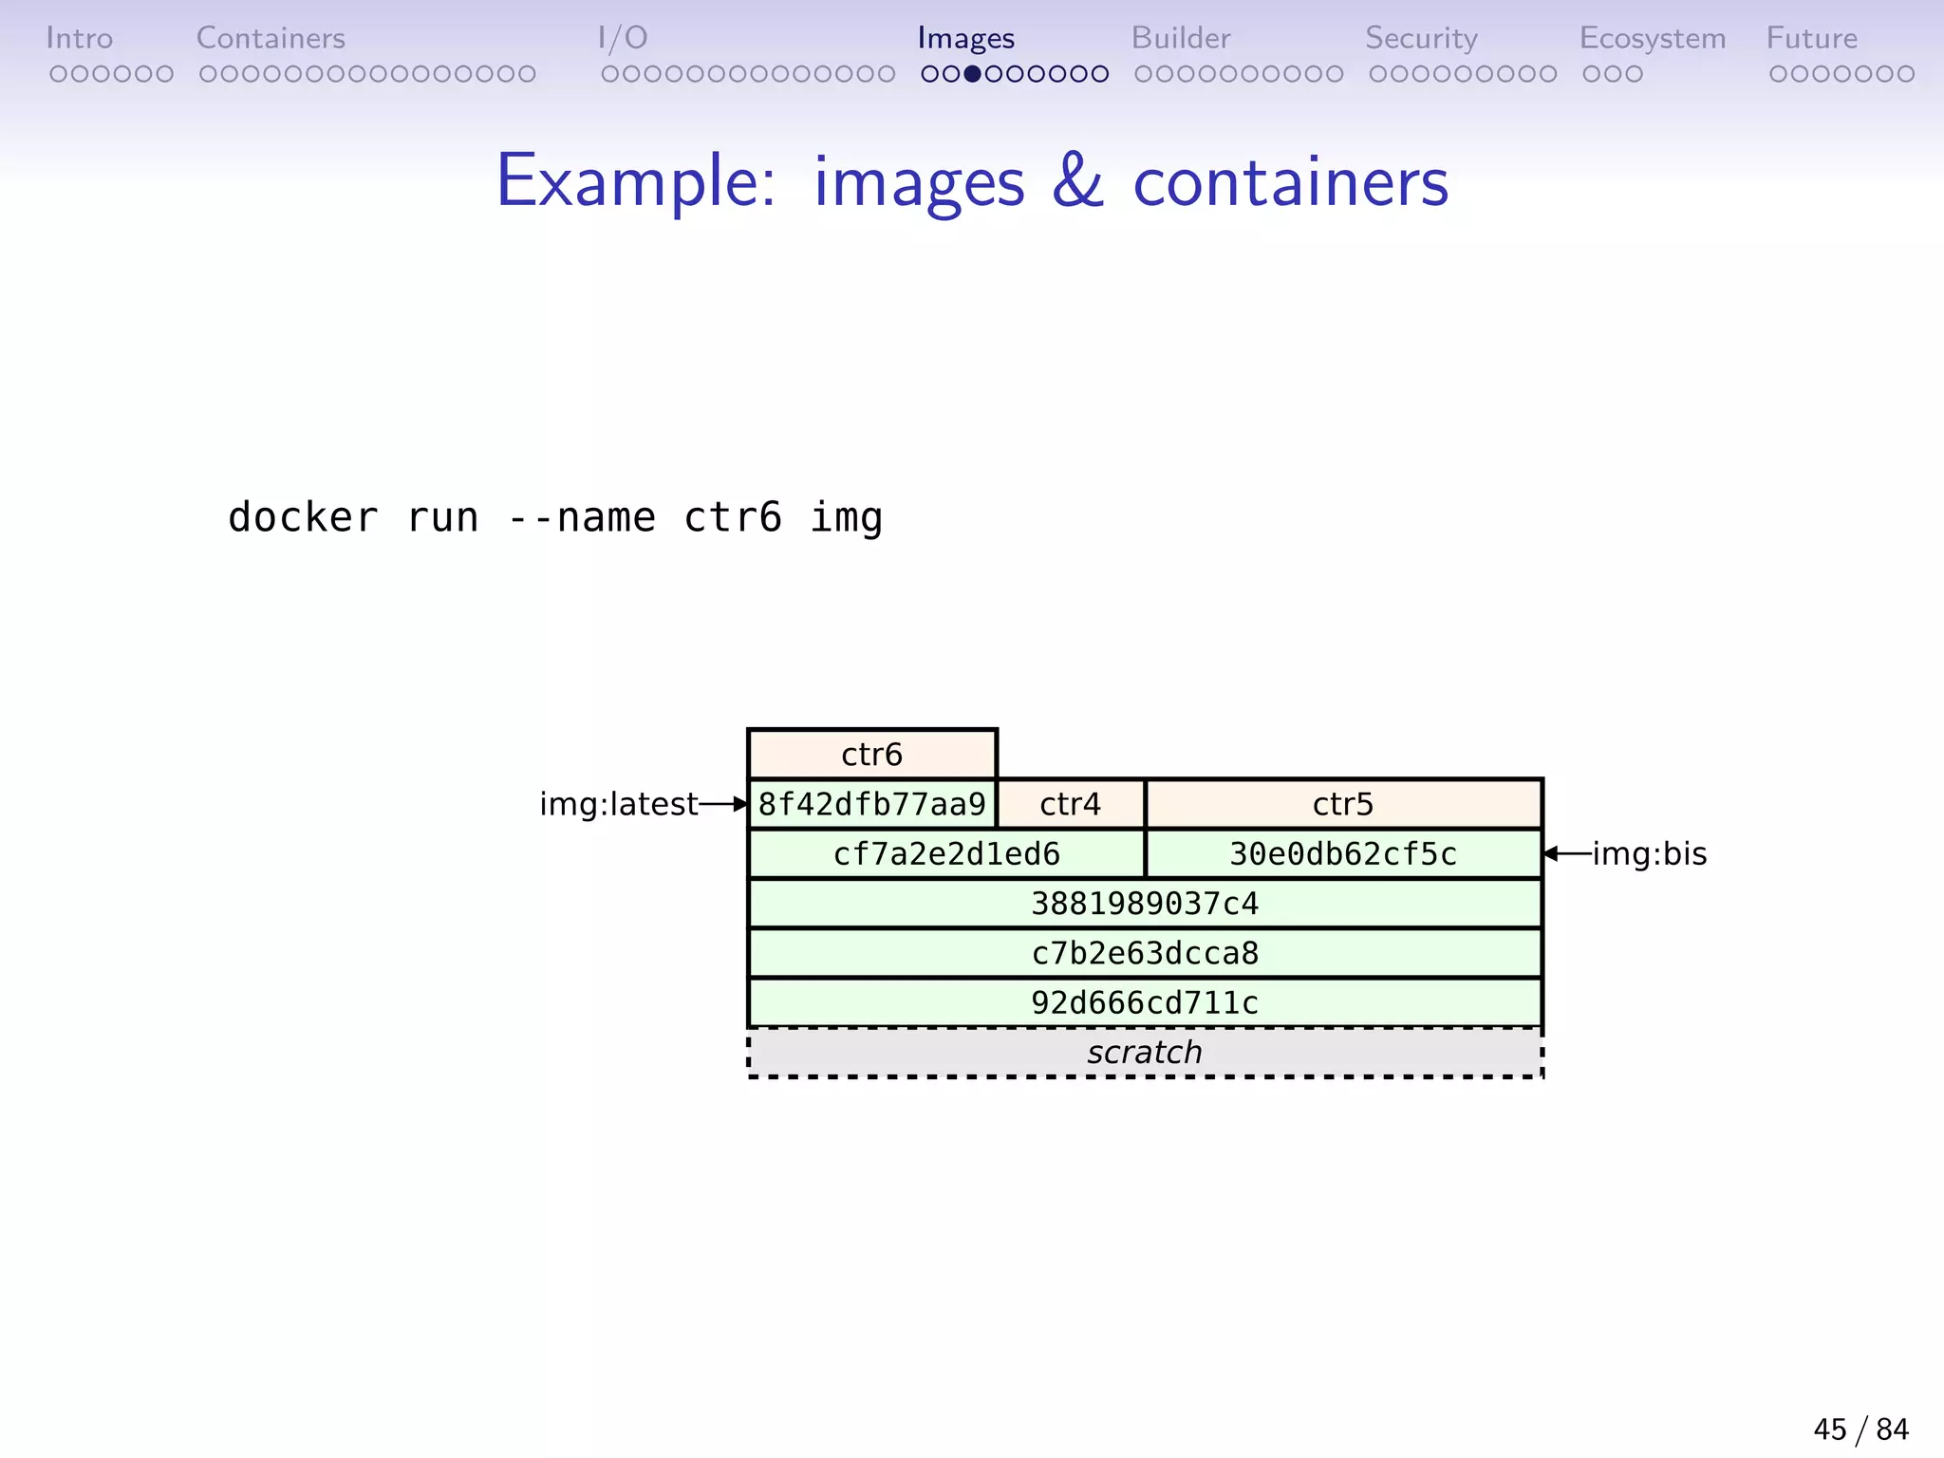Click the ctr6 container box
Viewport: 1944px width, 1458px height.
(871, 755)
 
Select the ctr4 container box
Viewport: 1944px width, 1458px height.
(1070, 804)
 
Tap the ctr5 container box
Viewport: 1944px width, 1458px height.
(1342, 804)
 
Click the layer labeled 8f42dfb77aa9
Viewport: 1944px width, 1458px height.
(871, 804)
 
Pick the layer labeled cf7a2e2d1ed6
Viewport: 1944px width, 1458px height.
(946, 854)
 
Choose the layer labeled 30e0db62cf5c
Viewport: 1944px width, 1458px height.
(1342, 854)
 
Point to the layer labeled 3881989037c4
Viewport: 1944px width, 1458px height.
(1144, 904)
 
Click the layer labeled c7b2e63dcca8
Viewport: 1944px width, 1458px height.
(1144, 953)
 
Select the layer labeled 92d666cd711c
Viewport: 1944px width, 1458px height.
(1144, 1002)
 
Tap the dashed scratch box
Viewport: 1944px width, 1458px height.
(1144, 1053)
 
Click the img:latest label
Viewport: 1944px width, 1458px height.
(618, 804)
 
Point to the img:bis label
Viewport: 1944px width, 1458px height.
(1649, 854)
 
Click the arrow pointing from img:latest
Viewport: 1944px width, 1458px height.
(723, 804)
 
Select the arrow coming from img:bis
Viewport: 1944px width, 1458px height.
(1567, 854)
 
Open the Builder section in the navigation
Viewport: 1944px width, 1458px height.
(1180, 38)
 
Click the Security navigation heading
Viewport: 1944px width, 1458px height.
(1420, 38)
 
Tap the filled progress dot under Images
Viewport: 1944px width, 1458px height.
(972, 74)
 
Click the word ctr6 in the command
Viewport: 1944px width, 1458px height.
(732, 518)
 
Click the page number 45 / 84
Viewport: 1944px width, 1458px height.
(1860, 1429)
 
